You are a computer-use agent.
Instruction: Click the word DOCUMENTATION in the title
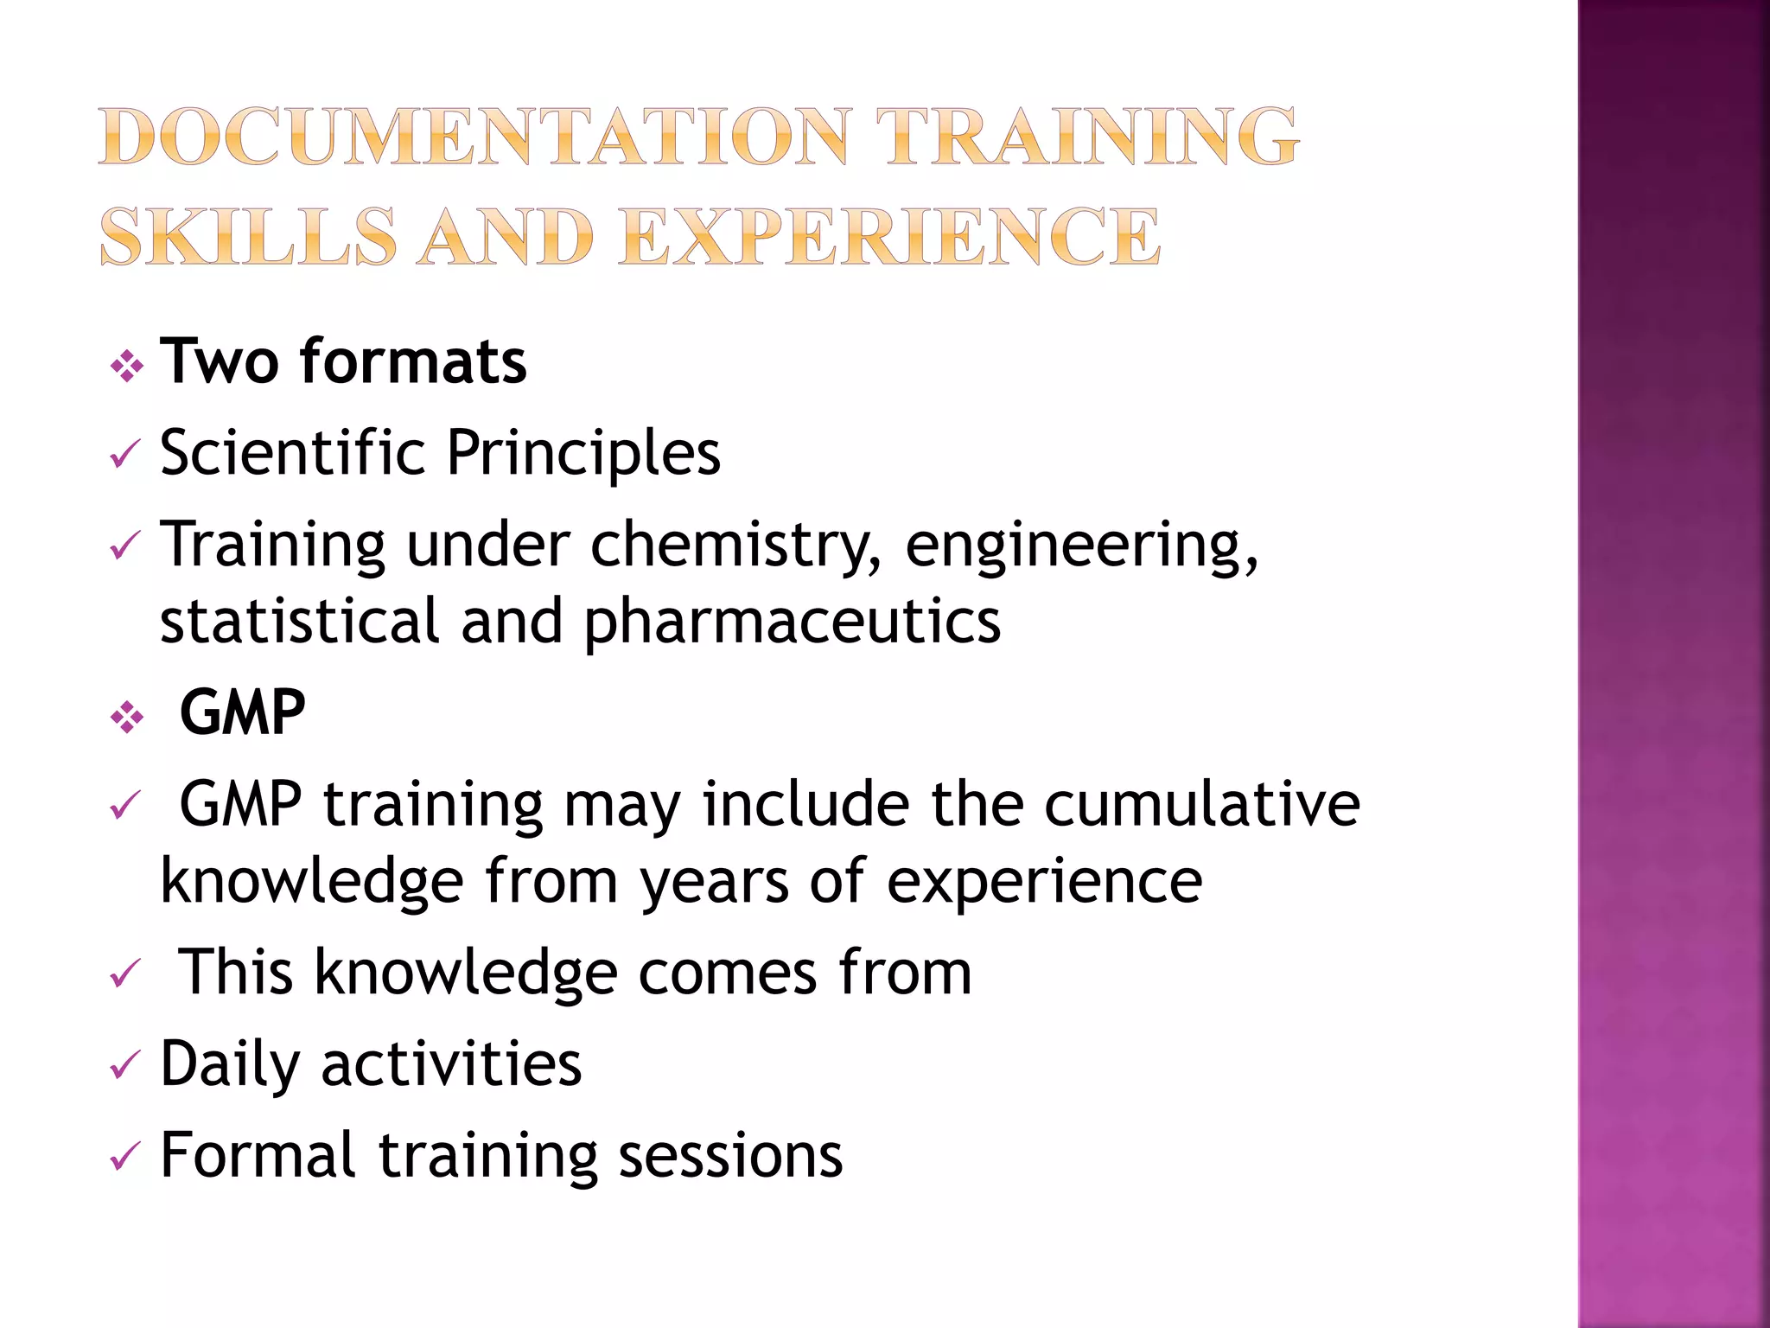coord(474,136)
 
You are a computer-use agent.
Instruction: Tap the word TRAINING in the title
coord(1086,136)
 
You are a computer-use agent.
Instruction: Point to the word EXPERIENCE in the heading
coord(890,236)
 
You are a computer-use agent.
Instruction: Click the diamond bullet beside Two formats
coord(127,367)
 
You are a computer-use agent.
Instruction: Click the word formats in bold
coord(413,361)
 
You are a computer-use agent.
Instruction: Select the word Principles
coord(583,453)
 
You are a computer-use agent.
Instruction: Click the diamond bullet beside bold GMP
coord(127,718)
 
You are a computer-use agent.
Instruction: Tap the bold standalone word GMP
coord(242,712)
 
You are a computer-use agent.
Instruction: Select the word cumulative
coord(1202,804)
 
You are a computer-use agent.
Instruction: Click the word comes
coord(727,973)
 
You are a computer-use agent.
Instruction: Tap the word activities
coord(451,1063)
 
